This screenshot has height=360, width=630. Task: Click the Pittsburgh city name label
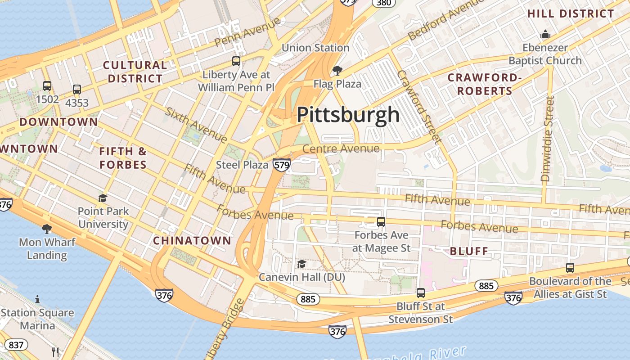348,115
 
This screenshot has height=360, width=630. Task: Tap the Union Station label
315,48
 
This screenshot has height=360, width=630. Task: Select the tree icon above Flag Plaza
337,70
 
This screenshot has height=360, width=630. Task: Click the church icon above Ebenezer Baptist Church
545,34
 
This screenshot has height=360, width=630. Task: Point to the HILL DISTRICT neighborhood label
571,13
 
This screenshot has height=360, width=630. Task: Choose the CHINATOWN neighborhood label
192,241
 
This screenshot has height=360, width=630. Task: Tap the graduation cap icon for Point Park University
103,198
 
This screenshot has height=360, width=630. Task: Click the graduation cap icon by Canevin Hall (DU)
301,264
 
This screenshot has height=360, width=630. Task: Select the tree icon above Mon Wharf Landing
46,229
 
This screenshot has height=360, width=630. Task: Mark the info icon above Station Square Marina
37,299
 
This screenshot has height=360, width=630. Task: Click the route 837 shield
16,345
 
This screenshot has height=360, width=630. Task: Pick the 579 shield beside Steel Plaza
281,165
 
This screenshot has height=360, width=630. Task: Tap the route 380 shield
383,3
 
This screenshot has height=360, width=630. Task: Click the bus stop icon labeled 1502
47,85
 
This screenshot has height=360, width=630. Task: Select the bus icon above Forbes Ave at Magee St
381,221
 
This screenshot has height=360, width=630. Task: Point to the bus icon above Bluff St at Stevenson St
421,293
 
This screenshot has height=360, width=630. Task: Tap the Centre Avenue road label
341,148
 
